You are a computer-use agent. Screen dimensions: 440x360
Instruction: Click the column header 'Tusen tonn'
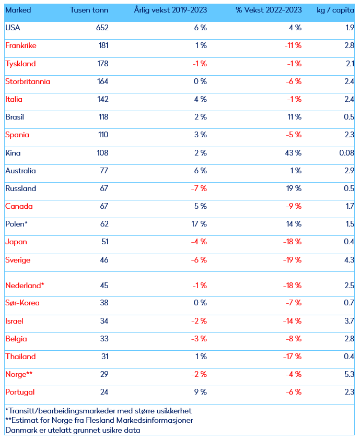coord(89,10)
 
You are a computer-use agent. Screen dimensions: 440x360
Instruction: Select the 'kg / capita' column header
coord(335,10)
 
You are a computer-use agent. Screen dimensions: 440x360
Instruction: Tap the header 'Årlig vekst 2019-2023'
coord(170,10)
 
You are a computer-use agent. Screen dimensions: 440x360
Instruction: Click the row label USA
coord(13,28)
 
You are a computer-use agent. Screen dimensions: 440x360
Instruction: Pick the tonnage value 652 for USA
coord(102,28)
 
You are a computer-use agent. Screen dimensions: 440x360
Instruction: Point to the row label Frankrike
coord(20,45)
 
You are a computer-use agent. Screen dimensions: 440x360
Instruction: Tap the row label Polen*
coord(16,224)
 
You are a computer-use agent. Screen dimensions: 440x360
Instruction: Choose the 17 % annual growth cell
coord(200,224)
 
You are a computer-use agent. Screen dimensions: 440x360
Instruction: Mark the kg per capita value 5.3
coord(350,374)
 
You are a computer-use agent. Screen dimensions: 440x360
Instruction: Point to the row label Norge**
coord(19,374)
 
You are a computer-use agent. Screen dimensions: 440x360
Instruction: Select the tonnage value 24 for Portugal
coord(103,392)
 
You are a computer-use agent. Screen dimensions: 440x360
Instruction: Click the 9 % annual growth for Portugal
coord(201,392)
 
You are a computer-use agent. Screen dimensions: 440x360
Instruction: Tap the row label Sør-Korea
coord(22,303)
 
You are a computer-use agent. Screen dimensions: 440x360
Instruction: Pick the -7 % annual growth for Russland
coord(199,188)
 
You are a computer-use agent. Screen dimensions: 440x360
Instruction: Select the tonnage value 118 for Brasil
coord(102,117)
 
